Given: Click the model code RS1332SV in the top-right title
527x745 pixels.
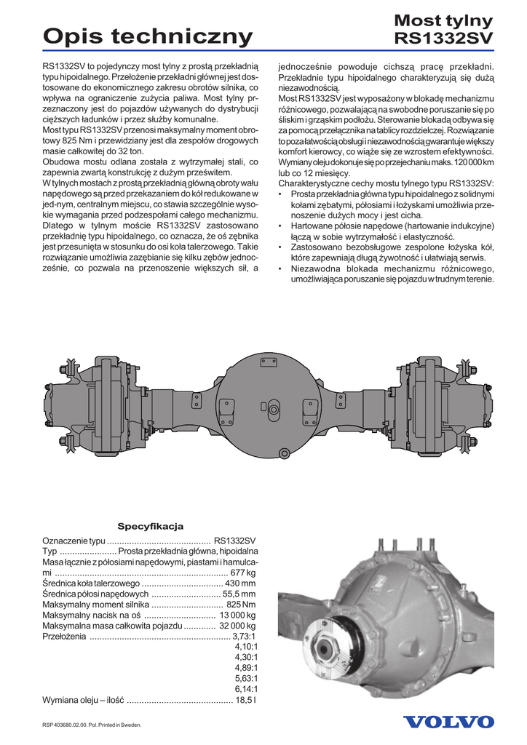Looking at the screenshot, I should click(443, 38).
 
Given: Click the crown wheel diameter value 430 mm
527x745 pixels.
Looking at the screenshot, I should click(241, 583).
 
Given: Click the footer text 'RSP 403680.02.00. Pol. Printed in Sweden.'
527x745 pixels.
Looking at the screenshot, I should click(91, 725).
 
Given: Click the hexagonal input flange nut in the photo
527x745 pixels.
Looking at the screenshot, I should click(325, 645).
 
